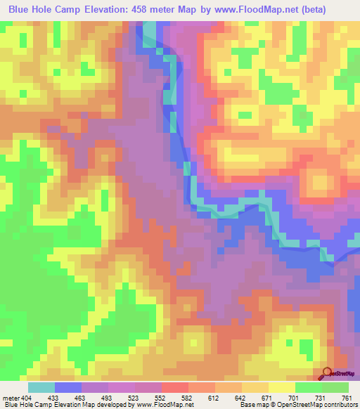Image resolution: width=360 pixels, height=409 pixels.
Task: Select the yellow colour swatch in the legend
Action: coord(281,387)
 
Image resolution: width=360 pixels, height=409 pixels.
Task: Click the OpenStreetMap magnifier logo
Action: coord(326,373)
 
